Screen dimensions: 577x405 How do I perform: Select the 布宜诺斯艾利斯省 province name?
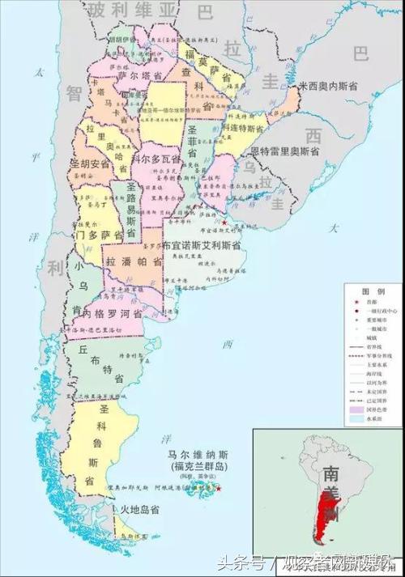click(x=202, y=244)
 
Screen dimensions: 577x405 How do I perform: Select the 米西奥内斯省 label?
click(x=333, y=85)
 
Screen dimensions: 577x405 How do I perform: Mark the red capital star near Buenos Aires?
click(x=225, y=220)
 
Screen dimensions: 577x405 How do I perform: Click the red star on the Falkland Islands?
click(x=219, y=488)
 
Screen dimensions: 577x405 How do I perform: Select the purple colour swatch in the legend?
click(x=353, y=409)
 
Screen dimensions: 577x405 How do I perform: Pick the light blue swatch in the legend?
click(x=353, y=419)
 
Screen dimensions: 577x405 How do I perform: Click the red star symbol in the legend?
click(x=353, y=299)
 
